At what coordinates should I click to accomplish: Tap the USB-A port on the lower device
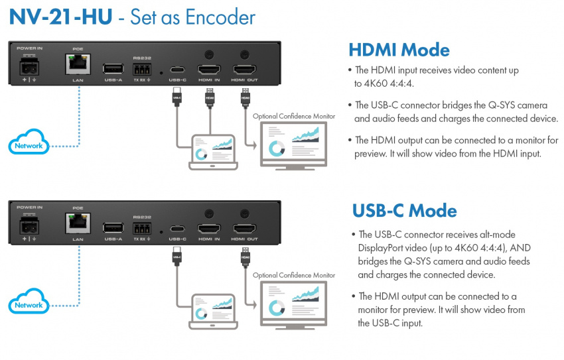tap(113, 227)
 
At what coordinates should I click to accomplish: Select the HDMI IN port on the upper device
tap(209, 69)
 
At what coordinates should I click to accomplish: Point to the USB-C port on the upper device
tap(177, 70)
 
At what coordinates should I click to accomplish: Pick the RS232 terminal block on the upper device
tap(141, 68)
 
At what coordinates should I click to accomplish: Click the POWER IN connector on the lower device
tap(29, 227)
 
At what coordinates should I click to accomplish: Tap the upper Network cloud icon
tap(29, 145)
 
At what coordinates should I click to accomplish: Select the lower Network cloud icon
tap(29, 304)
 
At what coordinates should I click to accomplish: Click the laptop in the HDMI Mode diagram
tap(212, 150)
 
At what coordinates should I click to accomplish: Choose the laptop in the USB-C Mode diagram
tap(212, 310)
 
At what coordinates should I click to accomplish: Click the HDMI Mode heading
tap(399, 50)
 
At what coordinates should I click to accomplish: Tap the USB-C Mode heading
tap(404, 211)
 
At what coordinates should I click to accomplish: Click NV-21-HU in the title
tap(58, 17)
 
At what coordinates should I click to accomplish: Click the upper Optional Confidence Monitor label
tap(294, 116)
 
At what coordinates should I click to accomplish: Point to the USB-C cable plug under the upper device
tap(176, 97)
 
